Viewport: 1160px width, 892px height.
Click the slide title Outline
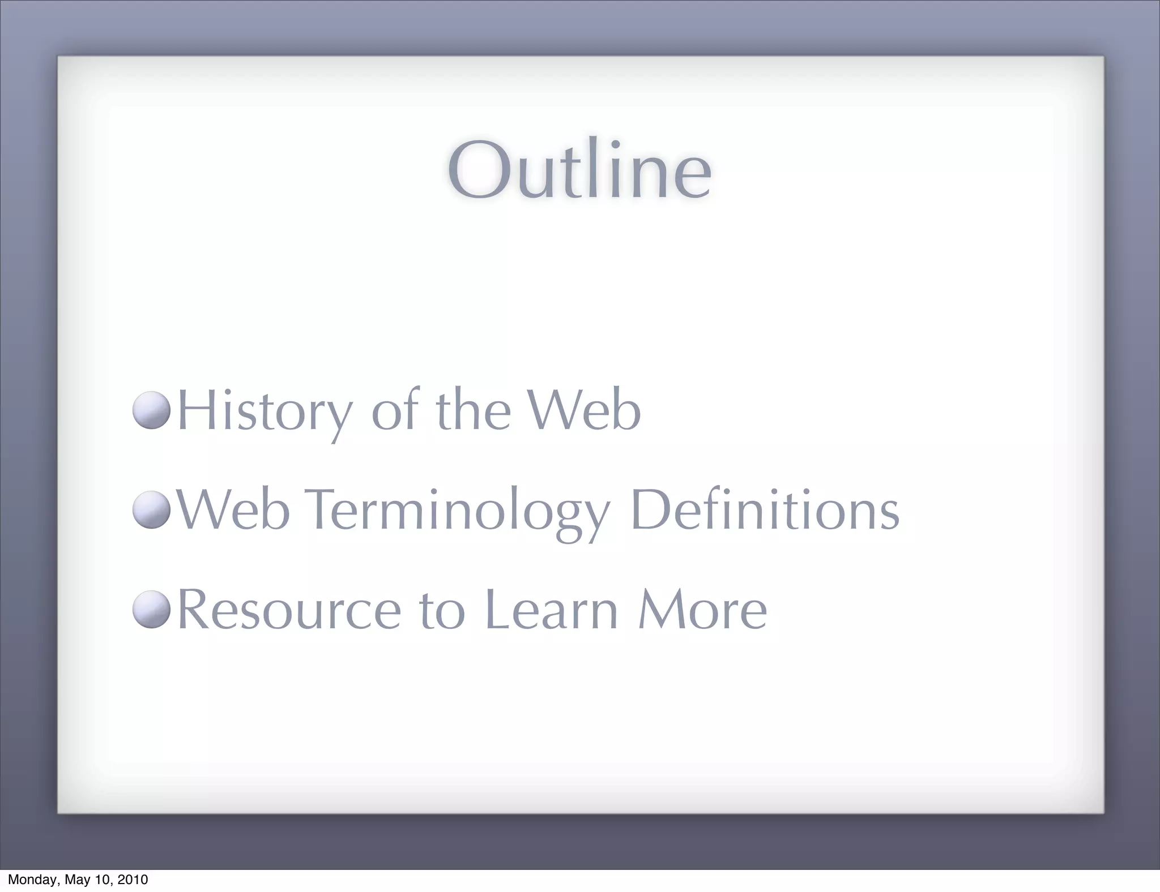coord(579,170)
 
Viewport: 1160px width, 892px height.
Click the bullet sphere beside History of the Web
coord(152,410)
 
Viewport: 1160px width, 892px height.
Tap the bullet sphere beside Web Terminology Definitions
coord(152,509)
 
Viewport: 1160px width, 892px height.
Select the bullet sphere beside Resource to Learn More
coord(152,609)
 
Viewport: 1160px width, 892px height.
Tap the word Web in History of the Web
coord(584,410)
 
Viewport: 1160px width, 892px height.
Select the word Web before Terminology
coord(233,509)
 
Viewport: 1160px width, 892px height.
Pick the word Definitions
coord(765,509)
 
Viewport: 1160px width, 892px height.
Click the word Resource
coord(289,610)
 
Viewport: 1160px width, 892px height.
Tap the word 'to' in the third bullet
coord(442,611)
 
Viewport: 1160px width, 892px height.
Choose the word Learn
coord(551,609)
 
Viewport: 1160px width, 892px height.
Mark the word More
coord(702,609)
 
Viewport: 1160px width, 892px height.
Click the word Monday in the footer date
coord(32,880)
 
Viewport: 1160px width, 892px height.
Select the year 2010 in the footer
coord(133,880)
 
